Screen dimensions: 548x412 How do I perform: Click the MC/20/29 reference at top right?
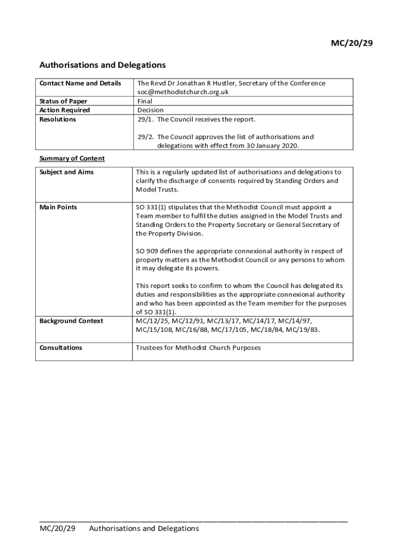(350, 43)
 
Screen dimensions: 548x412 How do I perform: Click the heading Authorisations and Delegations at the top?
(102, 65)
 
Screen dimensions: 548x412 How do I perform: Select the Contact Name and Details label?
(80, 83)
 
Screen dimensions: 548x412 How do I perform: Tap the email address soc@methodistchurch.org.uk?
(183, 92)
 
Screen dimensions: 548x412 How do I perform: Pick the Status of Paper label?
(63, 101)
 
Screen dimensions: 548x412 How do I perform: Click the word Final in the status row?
(144, 101)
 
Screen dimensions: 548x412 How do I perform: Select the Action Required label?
(65, 110)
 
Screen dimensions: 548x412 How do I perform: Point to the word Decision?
(150, 110)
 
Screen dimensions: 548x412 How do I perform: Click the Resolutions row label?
(58, 119)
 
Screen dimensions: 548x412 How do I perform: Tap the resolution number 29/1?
(145, 119)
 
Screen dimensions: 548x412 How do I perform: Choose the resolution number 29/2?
(145, 137)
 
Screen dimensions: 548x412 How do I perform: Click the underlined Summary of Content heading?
(72, 158)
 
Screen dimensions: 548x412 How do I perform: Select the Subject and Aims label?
(66, 172)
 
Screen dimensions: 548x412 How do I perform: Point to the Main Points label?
(58, 207)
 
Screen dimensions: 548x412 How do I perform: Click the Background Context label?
(71, 321)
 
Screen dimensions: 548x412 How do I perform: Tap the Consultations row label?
(61, 348)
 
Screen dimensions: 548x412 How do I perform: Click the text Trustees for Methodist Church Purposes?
(198, 348)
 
